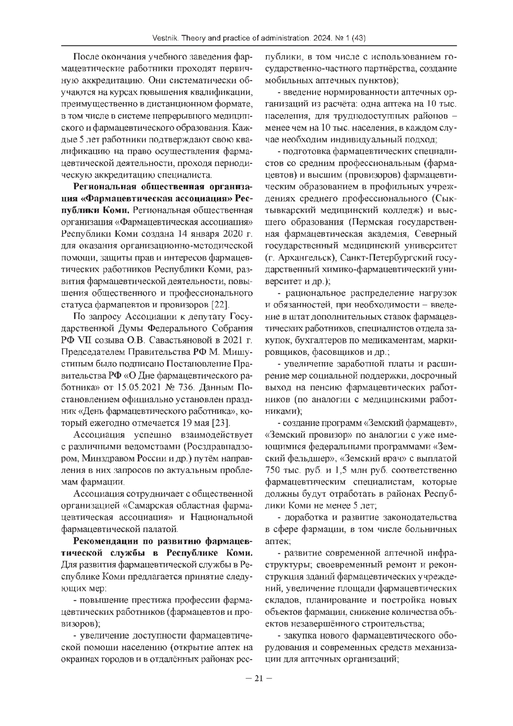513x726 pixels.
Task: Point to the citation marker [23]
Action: (x=221, y=423)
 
